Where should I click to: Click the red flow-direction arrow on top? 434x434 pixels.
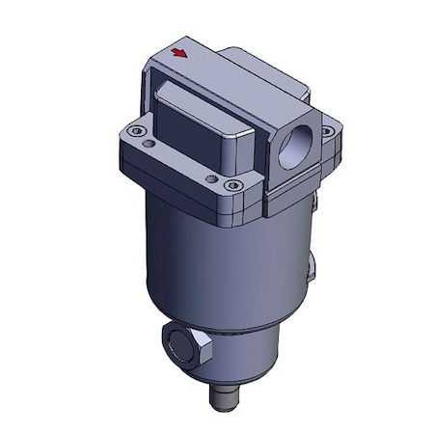177,55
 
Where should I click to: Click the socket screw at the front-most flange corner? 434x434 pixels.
229,185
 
